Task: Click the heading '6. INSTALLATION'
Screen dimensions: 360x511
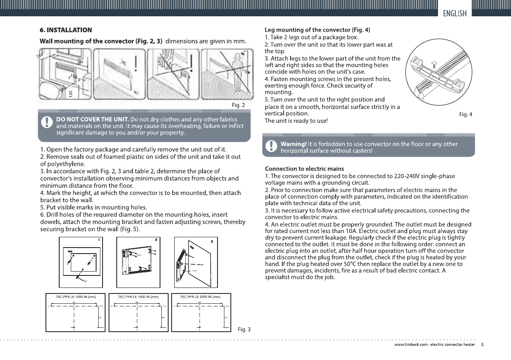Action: (66, 30)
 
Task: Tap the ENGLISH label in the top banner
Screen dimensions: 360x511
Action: (455, 13)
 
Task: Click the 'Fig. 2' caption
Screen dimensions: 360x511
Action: (238, 105)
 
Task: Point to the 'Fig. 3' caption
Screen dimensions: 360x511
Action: (244, 330)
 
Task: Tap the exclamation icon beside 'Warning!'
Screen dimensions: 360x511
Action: (270, 147)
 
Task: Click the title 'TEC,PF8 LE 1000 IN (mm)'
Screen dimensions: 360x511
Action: (76, 296)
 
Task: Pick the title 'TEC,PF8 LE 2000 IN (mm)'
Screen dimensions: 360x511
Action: (200, 296)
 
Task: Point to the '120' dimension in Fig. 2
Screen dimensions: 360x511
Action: (71, 94)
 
